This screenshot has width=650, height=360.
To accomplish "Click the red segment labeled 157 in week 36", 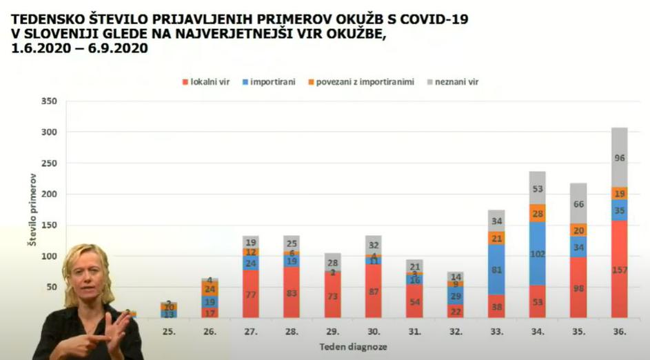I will pos(620,269).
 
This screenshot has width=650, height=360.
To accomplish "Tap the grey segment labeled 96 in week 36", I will pos(620,157).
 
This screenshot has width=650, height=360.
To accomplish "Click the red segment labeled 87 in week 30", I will pos(373,291).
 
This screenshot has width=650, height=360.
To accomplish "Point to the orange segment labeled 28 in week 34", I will pos(538,213).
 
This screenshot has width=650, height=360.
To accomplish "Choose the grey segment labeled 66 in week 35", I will pos(579,203).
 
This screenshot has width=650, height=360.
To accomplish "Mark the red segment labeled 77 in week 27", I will pos(251,294).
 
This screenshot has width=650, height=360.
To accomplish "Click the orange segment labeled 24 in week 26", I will pos(210,289).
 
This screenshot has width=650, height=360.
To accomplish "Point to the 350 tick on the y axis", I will pos(49,101).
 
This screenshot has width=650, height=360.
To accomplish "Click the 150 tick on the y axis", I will pos(49,226).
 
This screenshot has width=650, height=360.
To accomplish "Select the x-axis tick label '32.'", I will pos(456,332).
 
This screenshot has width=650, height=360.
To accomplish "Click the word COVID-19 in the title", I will pos(428,19).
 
